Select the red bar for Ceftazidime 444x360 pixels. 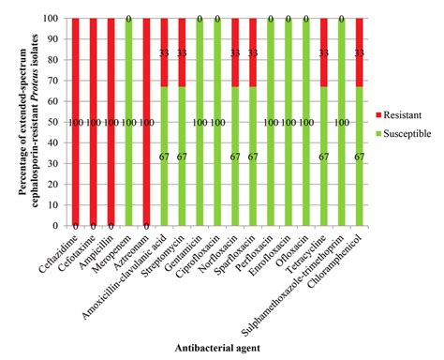click(76, 122)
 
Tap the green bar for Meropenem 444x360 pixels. click(129, 122)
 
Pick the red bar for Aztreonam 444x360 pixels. click(147, 122)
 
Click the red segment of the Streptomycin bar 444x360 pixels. click(183, 52)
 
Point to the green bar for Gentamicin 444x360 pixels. click(200, 122)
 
